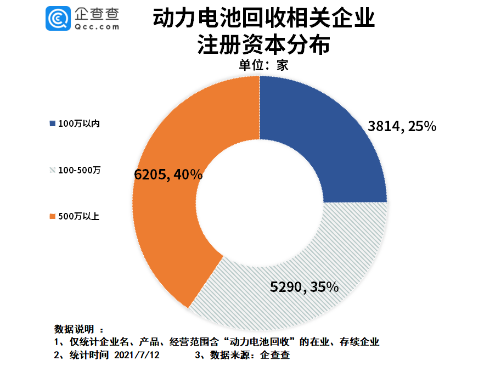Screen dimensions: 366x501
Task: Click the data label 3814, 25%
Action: tap(402, 127)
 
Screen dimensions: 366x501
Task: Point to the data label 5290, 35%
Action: tap(304, 286)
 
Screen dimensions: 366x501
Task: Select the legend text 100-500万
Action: tap(80, 170)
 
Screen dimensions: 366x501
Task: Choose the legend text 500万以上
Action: tap(78, 216)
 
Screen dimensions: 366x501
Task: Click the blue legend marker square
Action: tap(53, 123)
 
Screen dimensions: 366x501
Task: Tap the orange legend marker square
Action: tap(53, 216)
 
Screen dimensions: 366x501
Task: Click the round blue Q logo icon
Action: tap(58, 19)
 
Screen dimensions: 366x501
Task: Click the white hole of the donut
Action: tap(260, 203)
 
